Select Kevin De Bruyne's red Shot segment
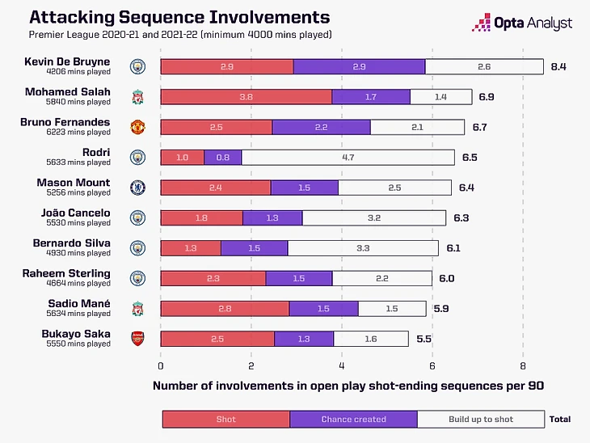coord(226,66)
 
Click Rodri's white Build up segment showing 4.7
coord(348,157)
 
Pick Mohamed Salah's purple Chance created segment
coord(370,97)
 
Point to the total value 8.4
coord(558,66)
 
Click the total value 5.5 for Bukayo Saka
coord(423,339)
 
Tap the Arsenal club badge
coord(137,339)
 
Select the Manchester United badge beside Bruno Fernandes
coord(137,127)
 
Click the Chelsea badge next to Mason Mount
coord(137,188)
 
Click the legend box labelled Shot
coord(225,419)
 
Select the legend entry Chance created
coord(353,419)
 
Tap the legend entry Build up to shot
coord(481,419)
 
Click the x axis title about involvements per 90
coord(348,386)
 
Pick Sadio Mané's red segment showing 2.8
coord(225,308)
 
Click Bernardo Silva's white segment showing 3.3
coord(363,247)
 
